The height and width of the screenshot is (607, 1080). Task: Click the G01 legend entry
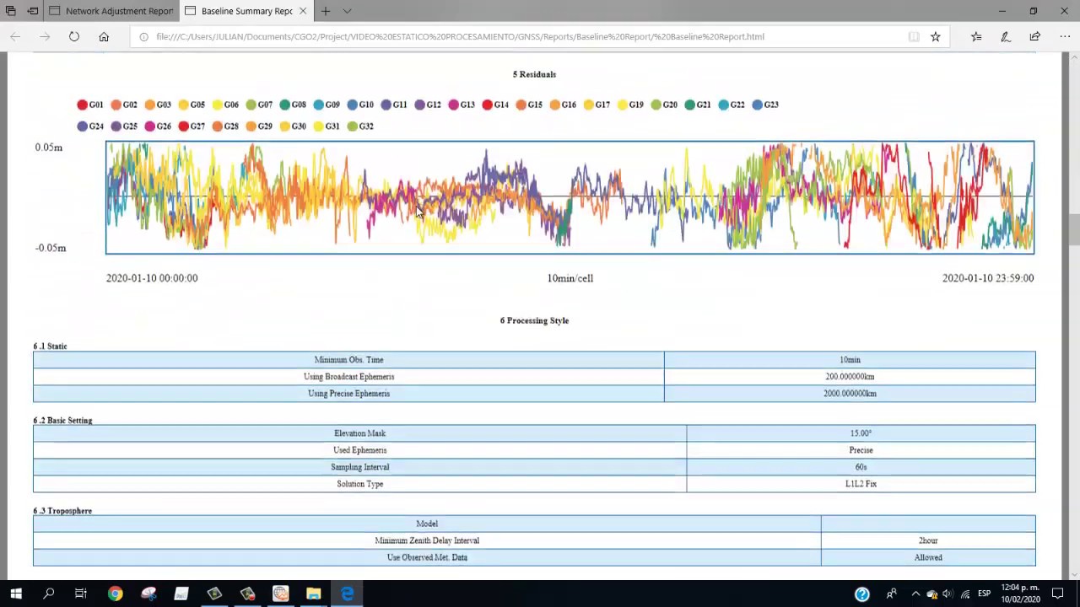pos(90,105)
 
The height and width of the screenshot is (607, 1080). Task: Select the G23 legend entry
pos(765,105)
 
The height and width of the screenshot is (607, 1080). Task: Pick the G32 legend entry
pos(360,126)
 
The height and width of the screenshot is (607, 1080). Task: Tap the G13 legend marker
pos(454,105)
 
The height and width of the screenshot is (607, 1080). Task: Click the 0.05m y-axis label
pos(48,148)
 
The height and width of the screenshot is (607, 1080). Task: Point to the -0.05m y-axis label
pos(51,248)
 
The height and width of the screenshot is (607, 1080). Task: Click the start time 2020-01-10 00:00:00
pos(152,278)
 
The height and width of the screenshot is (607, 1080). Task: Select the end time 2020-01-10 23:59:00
pos(987,278)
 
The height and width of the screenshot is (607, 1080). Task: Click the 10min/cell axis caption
pos(570,278)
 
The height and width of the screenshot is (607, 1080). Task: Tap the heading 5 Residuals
pos(534,74)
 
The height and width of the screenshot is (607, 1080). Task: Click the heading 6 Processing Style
pos(534,320)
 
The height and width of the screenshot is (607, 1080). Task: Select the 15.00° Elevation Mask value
pos(861,433)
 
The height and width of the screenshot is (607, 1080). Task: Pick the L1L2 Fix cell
pos(861,484)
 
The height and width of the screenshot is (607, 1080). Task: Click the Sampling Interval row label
pos(359,467)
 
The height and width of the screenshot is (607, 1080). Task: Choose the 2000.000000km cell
pos(850,394)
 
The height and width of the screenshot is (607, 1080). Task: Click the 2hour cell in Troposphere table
pos(928,540)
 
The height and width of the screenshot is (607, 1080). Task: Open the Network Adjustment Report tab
pos(118,11)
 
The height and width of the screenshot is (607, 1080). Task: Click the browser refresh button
pos(74,36)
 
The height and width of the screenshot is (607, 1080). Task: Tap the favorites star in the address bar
pos(935,36)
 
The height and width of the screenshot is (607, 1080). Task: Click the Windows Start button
pos(15,594)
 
